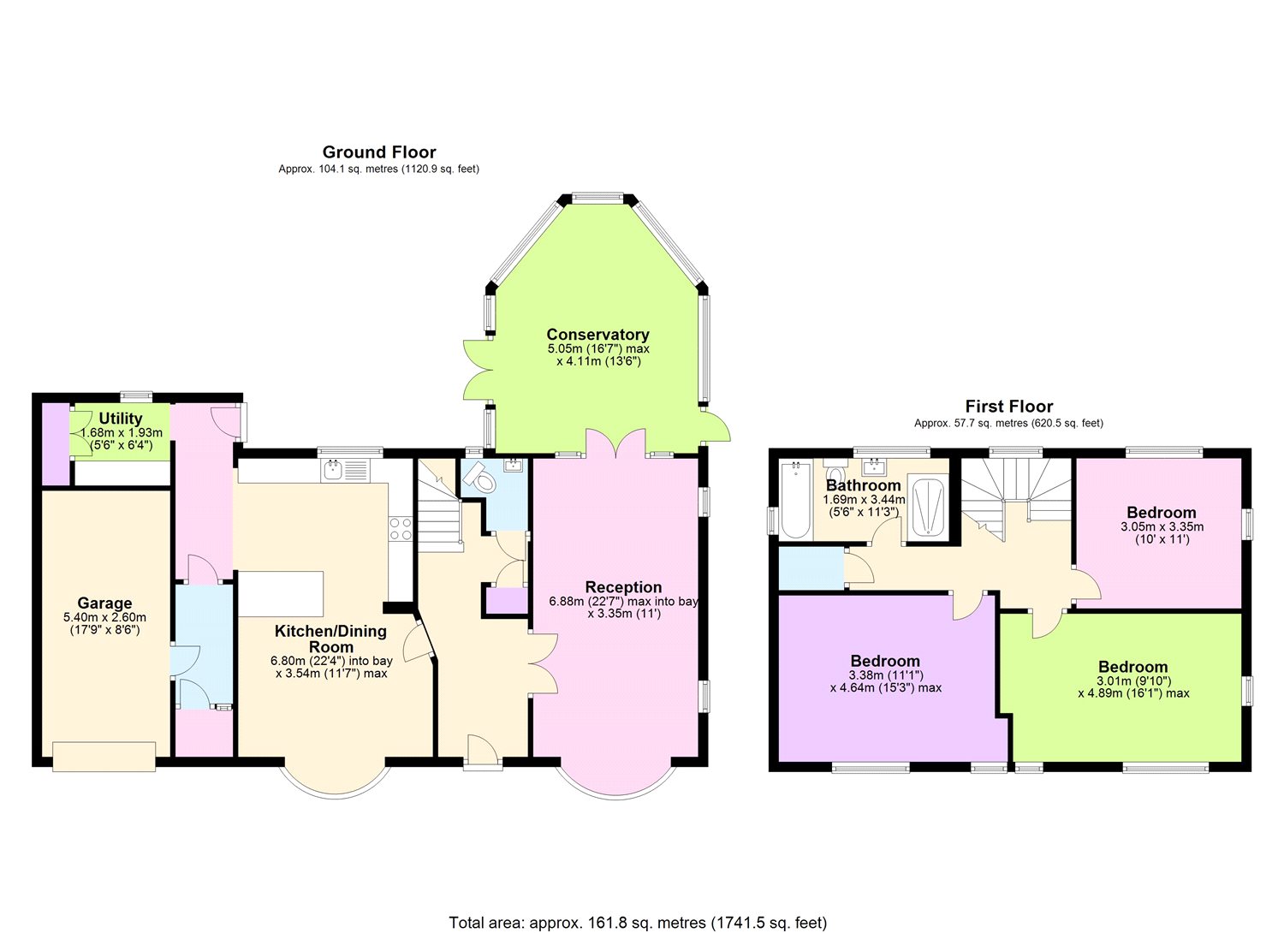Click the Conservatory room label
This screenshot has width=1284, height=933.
tap(597, 335)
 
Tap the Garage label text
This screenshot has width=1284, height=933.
tap(104, 603)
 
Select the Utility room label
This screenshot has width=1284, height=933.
tap(121, 419)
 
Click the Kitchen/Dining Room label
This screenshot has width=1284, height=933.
tap(330, 639)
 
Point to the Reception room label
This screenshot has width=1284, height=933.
tap(623, 587)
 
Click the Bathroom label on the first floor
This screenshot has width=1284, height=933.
tap(863, 485)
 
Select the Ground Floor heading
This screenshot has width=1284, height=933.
tap(378, 152)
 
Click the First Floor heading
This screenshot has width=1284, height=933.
tap(1008, 407)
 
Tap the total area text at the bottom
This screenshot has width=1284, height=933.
tap(638, 922)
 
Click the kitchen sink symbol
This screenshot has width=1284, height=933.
tap(345, 470)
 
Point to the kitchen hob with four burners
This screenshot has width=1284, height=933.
tap(400, 528)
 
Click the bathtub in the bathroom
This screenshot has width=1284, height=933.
tap(795, 501)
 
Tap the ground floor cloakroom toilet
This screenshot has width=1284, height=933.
tap(481, 479)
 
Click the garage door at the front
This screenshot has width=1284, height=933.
tap(104, 756)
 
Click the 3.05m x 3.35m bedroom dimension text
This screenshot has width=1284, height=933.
tap(1162, 527)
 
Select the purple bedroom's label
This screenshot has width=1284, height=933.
tap(885, 662)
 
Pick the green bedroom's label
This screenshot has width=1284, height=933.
tap(1132, 668)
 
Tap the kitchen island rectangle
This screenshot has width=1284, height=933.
tap(281, 594)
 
